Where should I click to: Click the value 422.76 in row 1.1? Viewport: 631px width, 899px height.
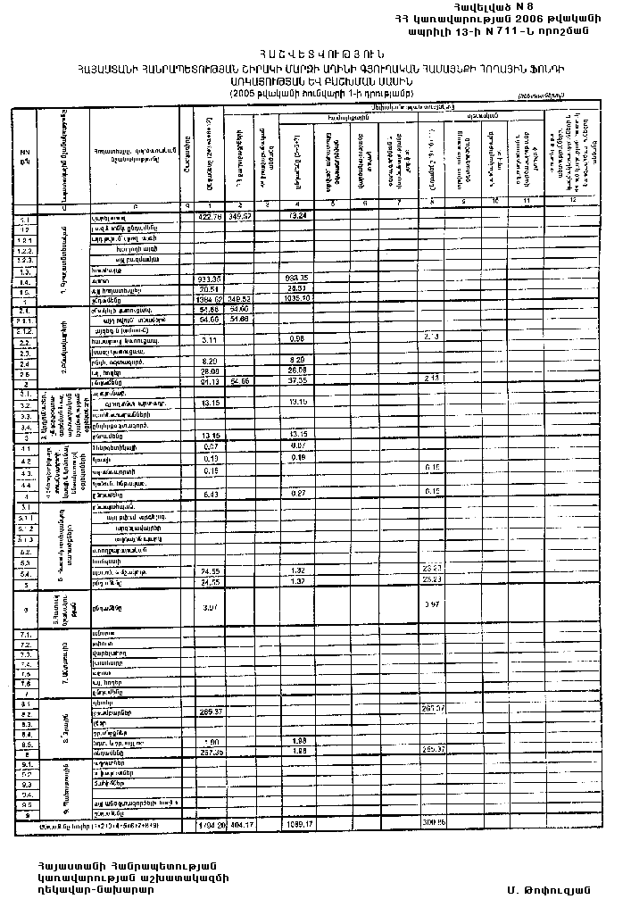[209, 217]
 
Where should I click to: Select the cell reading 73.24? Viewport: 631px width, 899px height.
[298, 217]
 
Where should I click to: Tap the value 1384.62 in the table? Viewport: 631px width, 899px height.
[208, 300]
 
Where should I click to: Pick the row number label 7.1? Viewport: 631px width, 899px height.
[24, 634]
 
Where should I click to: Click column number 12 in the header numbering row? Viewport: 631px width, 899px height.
[587, 205]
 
